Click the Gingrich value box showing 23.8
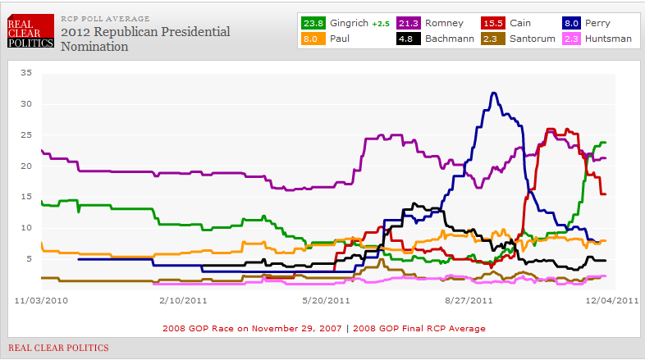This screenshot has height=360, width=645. (313, 23)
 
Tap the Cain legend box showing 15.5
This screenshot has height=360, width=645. (493, 23)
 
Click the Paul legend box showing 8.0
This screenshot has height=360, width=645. (313, 38)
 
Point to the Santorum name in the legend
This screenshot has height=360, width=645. (533, 38)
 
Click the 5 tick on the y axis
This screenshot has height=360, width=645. (28, 258)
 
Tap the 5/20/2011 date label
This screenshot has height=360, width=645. (327, 301)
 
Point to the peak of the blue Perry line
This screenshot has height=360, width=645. (493, 93)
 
